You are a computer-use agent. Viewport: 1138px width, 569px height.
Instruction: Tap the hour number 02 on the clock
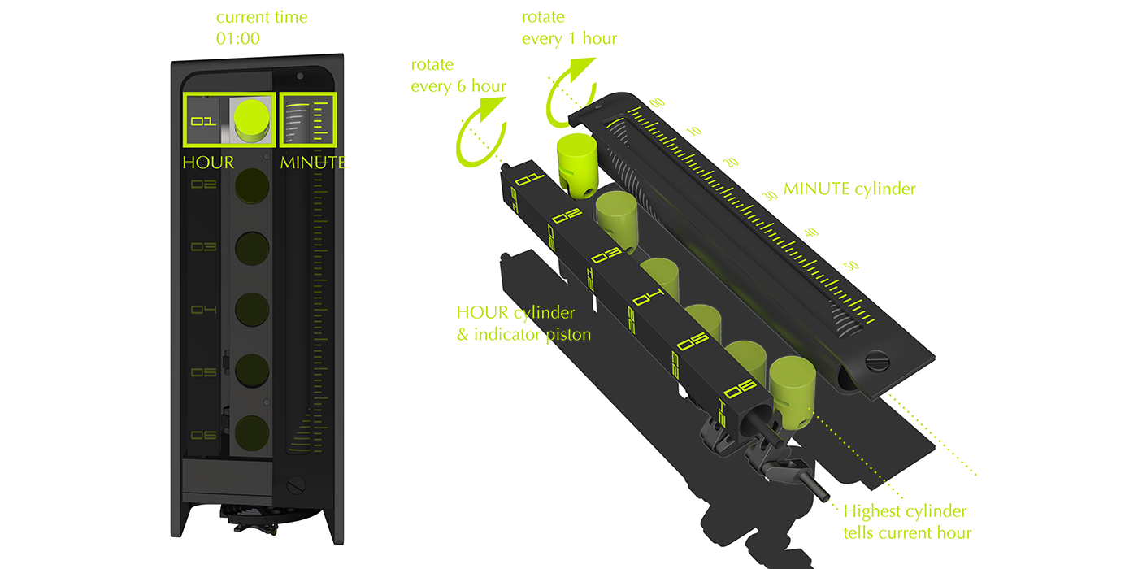point(203,185)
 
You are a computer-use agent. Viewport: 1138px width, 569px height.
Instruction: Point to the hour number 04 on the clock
point(203,310)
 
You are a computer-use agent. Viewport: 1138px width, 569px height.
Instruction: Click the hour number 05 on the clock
point(203,372)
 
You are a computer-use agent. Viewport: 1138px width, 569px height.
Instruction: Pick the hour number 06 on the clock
point(203,435)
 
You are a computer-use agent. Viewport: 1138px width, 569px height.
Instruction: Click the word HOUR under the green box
point(207,163)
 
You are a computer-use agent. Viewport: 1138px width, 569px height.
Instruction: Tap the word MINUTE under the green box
point(313,163)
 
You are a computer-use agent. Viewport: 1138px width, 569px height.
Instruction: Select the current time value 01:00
point(237,38)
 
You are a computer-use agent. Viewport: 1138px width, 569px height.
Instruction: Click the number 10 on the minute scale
point(693,132)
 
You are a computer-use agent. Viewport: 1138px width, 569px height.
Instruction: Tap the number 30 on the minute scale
point(769,196)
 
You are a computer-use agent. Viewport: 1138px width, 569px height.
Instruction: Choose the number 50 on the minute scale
point(851,265)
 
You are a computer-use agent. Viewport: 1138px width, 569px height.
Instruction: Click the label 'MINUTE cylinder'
point(849,189)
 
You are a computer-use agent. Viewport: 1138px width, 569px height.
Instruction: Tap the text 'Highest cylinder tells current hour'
point(906,522)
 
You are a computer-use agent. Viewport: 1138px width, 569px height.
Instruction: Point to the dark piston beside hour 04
point(252,310)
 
